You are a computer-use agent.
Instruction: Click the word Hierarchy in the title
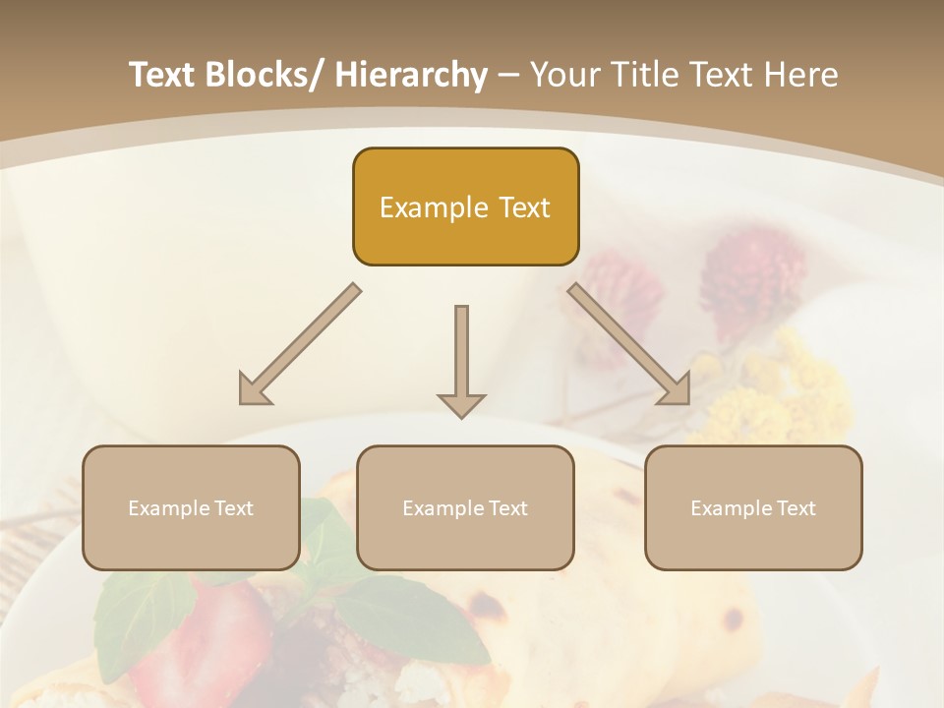tap(411, 75)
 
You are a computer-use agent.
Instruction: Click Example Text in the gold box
tap(465, 207)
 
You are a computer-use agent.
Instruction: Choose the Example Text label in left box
tap(191, 508)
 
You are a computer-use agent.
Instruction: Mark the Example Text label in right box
tap(753, 508)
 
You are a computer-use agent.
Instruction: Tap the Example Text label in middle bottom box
tap(465, 508)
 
